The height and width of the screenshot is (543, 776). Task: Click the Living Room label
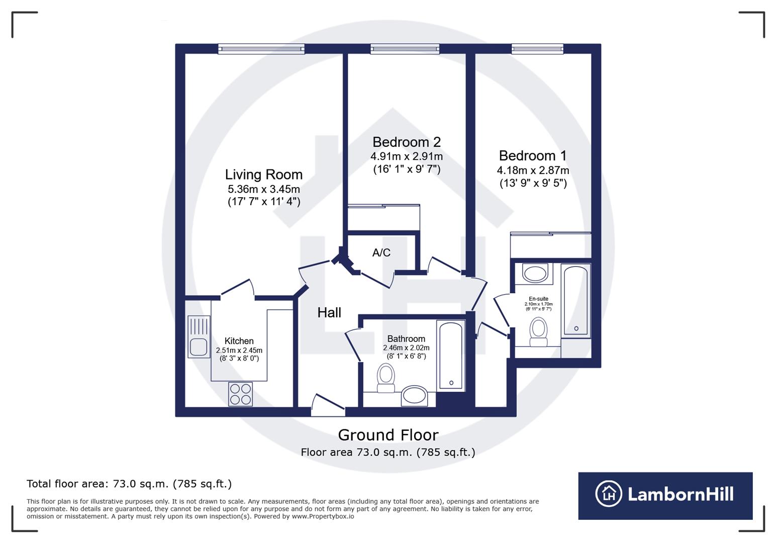pyautogui.click(x=263, y=174)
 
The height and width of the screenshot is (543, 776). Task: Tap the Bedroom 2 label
pyautogui.click(x=406, y=142)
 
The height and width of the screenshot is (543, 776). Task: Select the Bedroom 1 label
pyautogui.click(x=533, y=155)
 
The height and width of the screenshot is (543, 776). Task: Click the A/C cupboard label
pyautogui.click(x=381, y=252)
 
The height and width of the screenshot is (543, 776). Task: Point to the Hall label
pyautogui.click(x=329, y=313)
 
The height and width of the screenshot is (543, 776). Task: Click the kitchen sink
pyautogui.click(x=199, y=337)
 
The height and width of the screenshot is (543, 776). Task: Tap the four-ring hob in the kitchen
pyautogui.click(x=240, y=394)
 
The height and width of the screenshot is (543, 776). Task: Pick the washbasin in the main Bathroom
pyautogui.click(x=415, y=396)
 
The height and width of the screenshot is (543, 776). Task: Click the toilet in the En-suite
pyautogui.click(x=539, y=332)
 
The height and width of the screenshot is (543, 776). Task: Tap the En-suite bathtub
pyautogui.click(x=575, y=300)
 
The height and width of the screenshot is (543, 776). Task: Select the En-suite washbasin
pyautogui.click(x=535, y=274)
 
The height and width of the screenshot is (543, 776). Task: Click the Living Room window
pyautogui.click(x=261, y=49)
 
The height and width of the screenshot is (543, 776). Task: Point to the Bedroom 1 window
pyautogui.click(x=537, y=49)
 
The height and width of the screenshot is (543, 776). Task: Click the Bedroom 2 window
pyautogui.click(x=405, y=49)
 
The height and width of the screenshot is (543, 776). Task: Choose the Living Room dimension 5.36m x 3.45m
pyautogui.click(x=263, y=189)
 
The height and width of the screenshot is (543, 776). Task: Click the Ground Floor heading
pyautogui.click(x=388, y=435)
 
